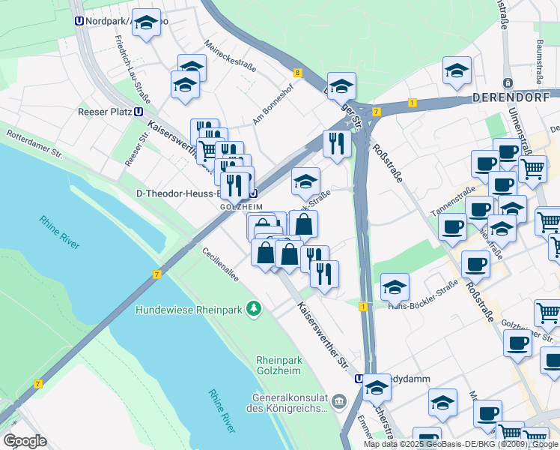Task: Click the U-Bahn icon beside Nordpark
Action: coord(79,22)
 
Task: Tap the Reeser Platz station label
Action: coord(104,112)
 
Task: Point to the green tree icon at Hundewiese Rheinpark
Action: coord(255,308)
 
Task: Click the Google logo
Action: coord(25,441)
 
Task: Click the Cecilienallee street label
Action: coord(219,265)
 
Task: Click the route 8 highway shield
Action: coord(298,73)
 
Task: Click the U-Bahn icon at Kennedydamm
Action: coord(359,379)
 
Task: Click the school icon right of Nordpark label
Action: coord(146,23)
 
